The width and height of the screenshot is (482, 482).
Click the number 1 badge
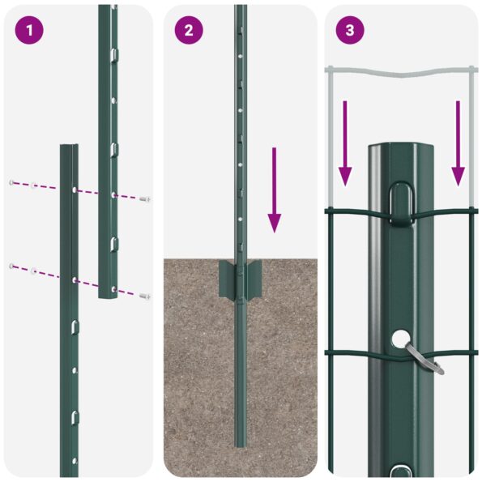[x=29, y=31]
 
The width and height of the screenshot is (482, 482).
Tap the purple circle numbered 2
[x=189, y=31]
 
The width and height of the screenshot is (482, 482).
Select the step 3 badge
[x=349, y=31]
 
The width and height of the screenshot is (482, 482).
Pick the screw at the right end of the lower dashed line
[x=144, y=296]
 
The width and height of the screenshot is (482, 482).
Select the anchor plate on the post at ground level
[x=240, y=279]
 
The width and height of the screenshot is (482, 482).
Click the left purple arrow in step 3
[x=345, y=143]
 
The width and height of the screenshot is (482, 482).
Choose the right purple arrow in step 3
[x=458, y=143]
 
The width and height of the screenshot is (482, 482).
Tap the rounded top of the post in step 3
[x=402, y=149]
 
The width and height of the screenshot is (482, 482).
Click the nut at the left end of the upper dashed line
[x=12, y=181]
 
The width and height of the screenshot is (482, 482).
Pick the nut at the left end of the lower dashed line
[x=12, y=266]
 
